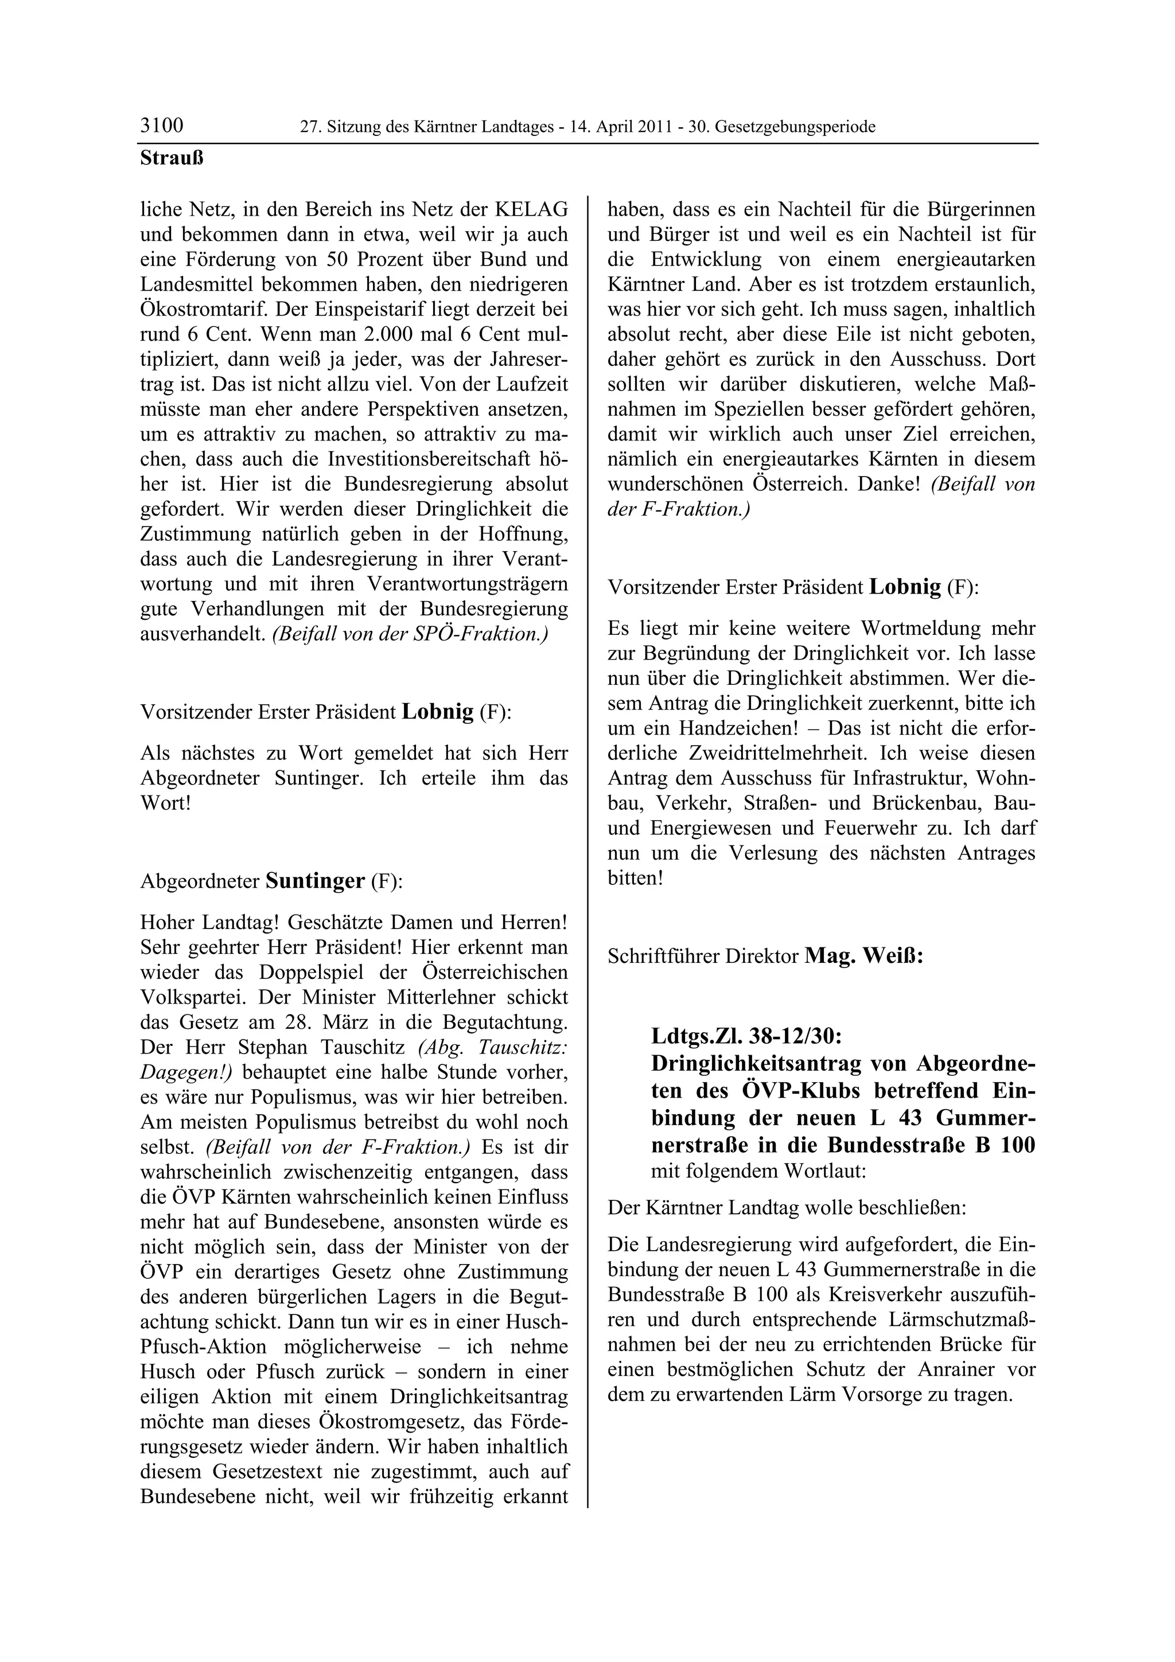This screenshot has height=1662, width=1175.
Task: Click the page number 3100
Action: pyautogui.click(x=161, y=126)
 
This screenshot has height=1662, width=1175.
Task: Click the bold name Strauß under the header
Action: pyautogui.click(x=172, y=158)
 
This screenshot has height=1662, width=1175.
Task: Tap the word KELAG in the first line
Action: pyautogui.click(x=531, y=209)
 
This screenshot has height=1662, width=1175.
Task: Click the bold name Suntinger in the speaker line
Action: pyautogui.click(x=315, y=881)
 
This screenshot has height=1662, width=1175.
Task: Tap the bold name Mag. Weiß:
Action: pyautogui.click(x=863, y=956)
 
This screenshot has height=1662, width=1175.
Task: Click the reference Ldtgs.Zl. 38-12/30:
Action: pyautogui.click(x=746, y=1036)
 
